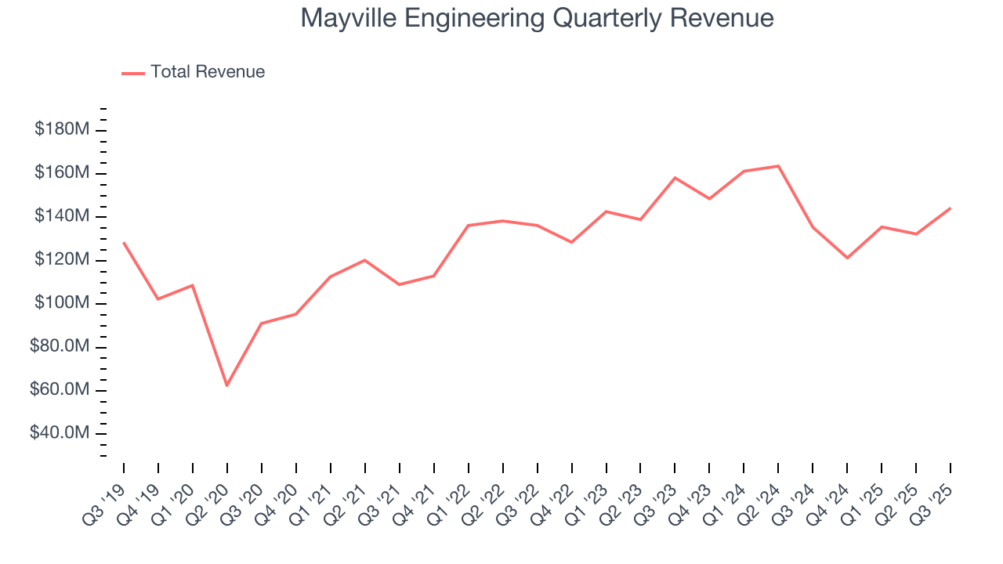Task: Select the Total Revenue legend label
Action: coord(208,72)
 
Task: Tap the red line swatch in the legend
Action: coord(133,73)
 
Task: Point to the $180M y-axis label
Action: coord(61,129)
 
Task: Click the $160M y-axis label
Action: coord(61,172)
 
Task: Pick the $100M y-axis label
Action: coord(61,303)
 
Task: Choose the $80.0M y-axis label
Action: coord(58,347)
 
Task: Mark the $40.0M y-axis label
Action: coord(58,433)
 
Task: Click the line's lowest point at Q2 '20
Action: coord(227,385)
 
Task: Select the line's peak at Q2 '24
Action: coord(778,166)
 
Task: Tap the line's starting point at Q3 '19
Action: coord(124,243)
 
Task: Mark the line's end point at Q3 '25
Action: coord(950,208)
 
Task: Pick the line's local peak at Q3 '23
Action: coord(675,178)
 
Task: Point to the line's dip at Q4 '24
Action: coord(847,258)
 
